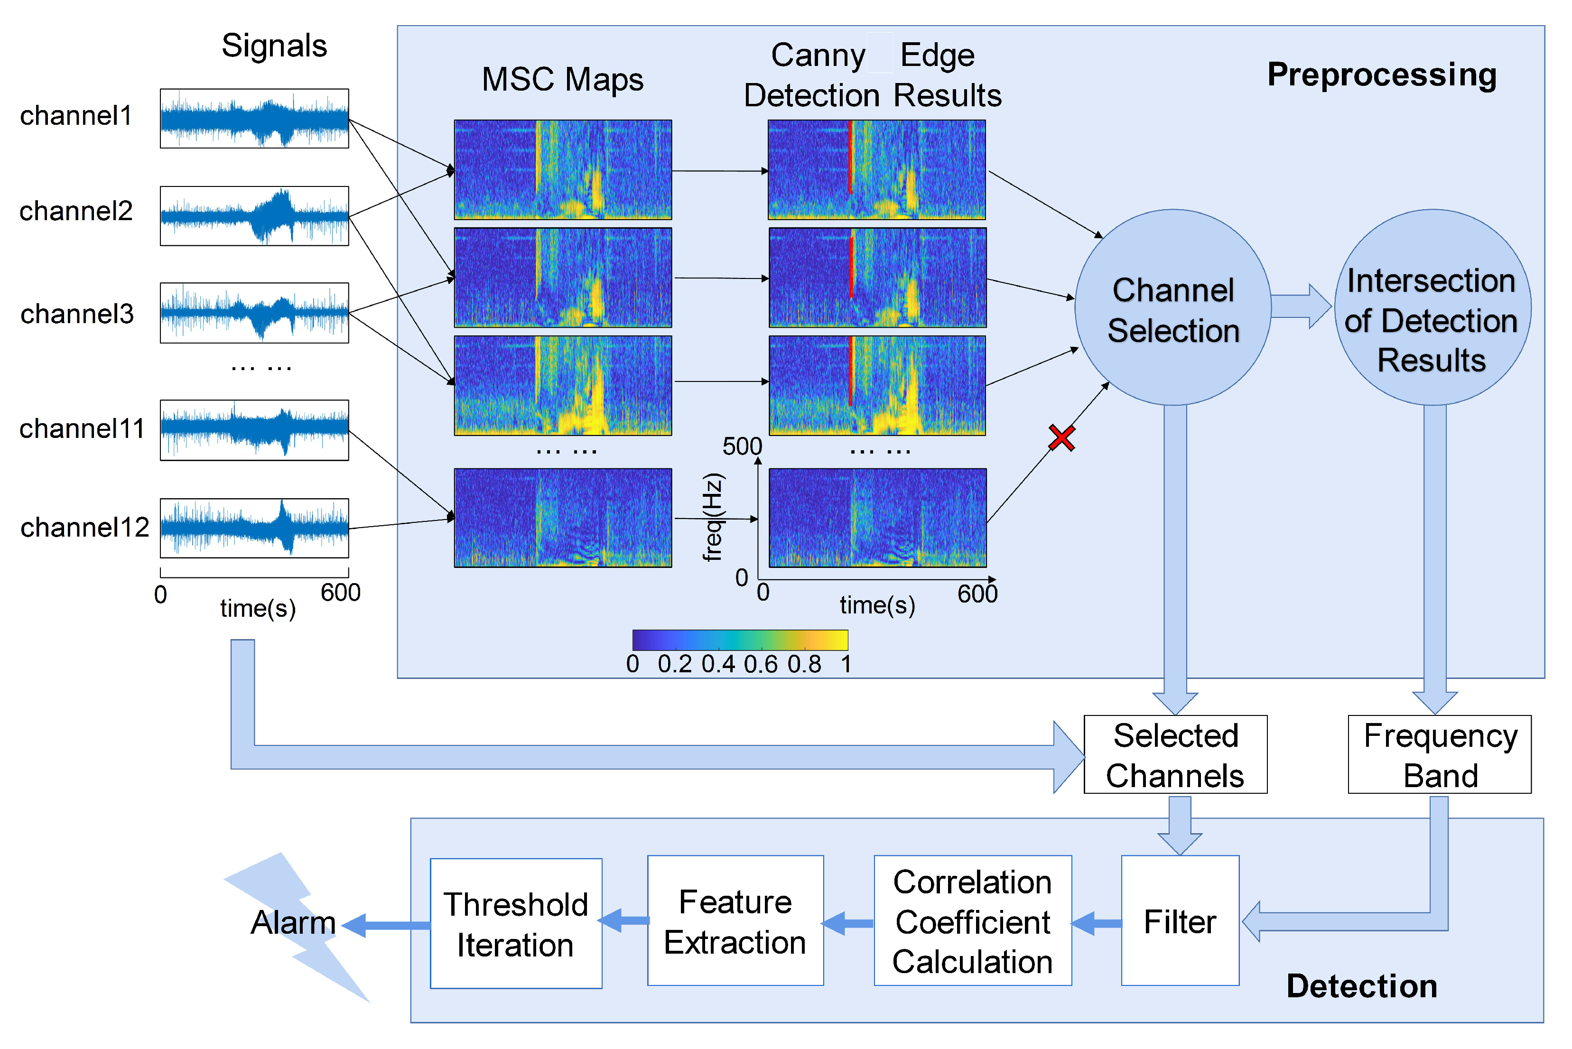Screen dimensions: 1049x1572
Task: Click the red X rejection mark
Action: coord(1061,438)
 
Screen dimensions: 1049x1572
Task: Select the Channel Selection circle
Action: coord(1172,308)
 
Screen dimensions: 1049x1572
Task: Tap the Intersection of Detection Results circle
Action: coord(1432,308)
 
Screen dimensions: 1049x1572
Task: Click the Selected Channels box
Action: coord(1175,755)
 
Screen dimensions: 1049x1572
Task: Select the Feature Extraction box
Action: coord(735,920)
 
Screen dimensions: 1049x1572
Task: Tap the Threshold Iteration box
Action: coord(515,923)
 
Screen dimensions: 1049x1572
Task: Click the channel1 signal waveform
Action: coord(254,119)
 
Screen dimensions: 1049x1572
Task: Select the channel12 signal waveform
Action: coord(254,528)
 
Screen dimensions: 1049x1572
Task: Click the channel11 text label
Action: coord(82,429)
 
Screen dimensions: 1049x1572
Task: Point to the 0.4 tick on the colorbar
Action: coord(718,664)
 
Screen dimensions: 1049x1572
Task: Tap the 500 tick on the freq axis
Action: coord(742,446)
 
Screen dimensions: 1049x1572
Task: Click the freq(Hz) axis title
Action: coord(713,517)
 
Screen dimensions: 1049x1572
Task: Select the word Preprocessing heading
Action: coord(1381,75)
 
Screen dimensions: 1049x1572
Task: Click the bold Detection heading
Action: coord(1361,986)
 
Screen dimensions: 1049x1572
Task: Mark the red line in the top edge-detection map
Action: coord(850,157)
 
